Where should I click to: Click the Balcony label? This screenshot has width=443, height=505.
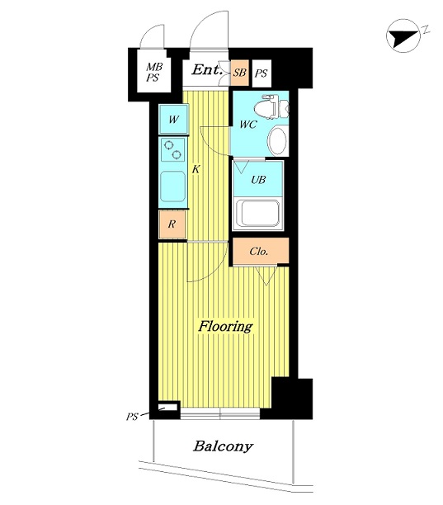point(223,446)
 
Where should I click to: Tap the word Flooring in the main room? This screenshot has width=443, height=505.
point(225,326)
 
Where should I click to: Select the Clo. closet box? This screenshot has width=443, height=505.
point(261,251)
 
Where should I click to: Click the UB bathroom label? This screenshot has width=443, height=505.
point(258,179)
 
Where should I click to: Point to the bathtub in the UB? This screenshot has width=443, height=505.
point(257,213)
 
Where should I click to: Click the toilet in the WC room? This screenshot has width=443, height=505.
point(271,106)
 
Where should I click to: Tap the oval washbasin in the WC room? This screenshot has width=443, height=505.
point(277,141)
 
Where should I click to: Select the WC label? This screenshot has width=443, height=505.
point(248,125)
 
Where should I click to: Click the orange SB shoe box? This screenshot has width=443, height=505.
point(239,73)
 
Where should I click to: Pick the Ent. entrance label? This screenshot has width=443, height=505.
point(207,70)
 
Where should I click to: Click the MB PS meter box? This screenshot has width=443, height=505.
point(154,71)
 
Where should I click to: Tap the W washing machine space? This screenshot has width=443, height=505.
point(173,119)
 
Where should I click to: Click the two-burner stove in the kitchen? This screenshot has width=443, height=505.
point(173,149)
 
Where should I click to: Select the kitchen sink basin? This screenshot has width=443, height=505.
point(173,186)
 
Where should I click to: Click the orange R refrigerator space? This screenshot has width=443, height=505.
point(172,224)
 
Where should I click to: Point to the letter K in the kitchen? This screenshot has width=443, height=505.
point(196,169)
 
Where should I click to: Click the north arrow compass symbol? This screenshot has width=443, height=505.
point(403,36)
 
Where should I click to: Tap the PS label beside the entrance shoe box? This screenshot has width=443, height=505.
point(261,73)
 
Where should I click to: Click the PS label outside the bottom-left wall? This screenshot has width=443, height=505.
point(132,417)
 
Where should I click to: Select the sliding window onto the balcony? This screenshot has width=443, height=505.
point(220,413)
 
